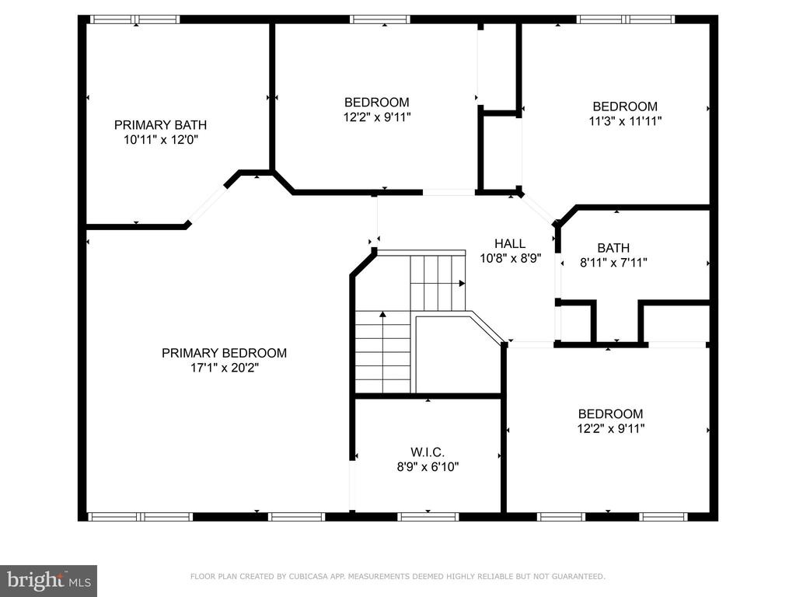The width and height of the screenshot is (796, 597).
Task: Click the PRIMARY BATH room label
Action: click(160, 125)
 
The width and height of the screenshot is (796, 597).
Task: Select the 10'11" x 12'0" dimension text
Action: click(160, 140)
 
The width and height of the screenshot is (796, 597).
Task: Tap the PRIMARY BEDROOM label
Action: click(224, 353)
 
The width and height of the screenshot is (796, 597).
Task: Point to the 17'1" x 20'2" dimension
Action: click(225, 368)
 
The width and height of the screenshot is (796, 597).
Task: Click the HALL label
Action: click(510, 243)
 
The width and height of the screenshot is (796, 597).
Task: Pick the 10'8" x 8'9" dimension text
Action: click(510, 258)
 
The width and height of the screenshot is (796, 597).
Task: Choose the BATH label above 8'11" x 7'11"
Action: click(613, 248)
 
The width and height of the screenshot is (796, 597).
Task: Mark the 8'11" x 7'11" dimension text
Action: click(613, 263)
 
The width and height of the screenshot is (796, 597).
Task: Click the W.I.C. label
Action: click(428, 452)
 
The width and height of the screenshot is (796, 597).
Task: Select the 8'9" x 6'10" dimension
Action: click(428, 466)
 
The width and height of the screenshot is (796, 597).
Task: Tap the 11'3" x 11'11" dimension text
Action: click(625, 121)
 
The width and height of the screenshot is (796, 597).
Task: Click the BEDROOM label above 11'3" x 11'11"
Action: click(625, 106)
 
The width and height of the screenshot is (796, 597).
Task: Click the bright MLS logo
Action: click(49, 580)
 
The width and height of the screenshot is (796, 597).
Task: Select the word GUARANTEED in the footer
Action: click(578, 576)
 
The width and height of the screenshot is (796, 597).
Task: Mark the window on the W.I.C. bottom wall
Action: click(428, 517)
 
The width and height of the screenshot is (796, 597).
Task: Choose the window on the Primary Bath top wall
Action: click(134, 19)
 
